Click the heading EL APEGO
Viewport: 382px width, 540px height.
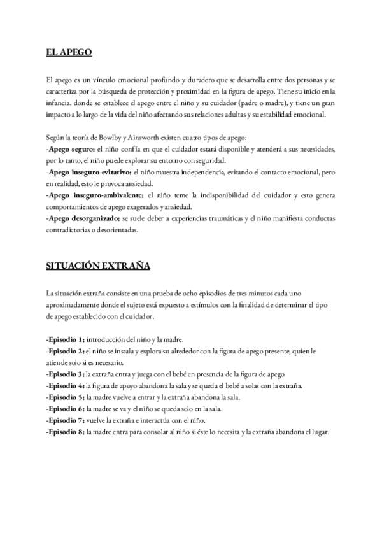pyautogui.click(x=69, y=52)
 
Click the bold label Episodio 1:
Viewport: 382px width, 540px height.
pyautogui.click(x=66, y=340)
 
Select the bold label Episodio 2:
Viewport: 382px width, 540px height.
pyautogui.click(x=66, y=351)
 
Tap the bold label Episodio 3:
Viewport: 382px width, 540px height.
pyautogui.click(x=66, y=374)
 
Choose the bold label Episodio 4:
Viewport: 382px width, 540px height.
pyautogui.click(x=66, y=386)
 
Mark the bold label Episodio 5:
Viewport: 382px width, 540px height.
pyautogui.click(x=66, y=397)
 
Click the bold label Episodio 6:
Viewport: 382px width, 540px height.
pyautogui.click(x=66, y=409)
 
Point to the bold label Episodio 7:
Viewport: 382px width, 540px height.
pyautogui.click(x=66, y=420)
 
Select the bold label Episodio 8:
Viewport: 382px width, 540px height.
pyautogui.click(x=66, y=432)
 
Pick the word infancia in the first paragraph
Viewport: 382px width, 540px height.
pyautogui.click(x=60, y=103)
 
